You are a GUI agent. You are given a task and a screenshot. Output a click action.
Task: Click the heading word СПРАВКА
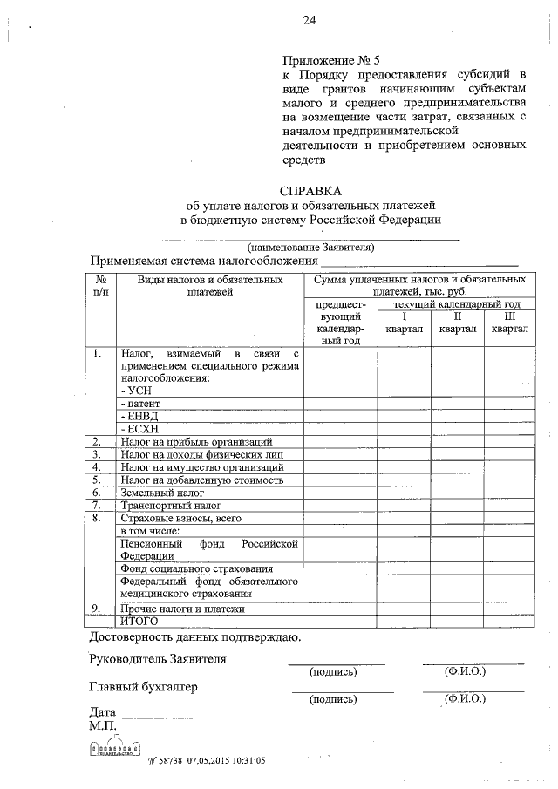pos(310,190)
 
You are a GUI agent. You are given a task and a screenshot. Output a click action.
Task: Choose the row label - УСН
pos(134,391)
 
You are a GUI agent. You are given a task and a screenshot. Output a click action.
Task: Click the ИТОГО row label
pos(139,622)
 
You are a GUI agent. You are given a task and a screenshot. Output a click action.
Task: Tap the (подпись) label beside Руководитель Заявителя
pos(333,671)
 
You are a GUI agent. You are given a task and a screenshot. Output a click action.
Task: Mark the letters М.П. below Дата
pos(103,725)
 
